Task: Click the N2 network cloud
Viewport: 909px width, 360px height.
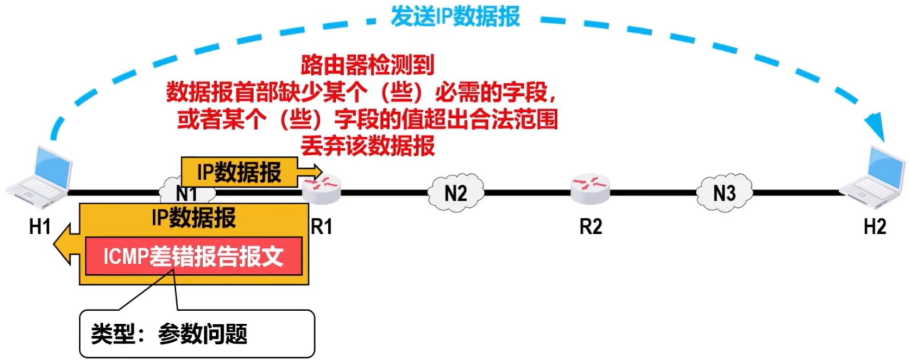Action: pyautogui.click(x=456, y=193)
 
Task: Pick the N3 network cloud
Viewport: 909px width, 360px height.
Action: pyautogui.click(x=724, y=193)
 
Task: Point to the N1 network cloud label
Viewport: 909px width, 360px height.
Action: pyautogui.click(x=186, y=193)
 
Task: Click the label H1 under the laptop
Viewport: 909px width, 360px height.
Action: pyautogui.click(x=40, y=227)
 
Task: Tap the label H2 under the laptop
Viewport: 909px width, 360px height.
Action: pyautogui.click(x=874, y=227)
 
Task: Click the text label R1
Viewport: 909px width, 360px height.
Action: pyautogui.click(x=322, y=227)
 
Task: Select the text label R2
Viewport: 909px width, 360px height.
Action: pyautogui.click(x=590, y=227)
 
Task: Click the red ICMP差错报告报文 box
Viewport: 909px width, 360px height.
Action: pyautogui.click(x=193, y=257)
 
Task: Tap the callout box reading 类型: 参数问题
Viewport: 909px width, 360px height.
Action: pyautogui.click(x=197, y=333)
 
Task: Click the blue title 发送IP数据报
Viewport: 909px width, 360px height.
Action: pyautogui.click(x=455, y=17)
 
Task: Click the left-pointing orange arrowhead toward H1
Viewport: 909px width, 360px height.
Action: pyautogui.click(x=64, y=244)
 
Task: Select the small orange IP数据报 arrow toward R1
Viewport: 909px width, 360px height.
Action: pyautogui.click(x=250, y=172)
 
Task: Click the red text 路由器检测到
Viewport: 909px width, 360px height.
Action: pyautogui.click(x=367, y=65)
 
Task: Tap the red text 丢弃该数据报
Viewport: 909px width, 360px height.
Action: pyautogui.click(x=367, y=146)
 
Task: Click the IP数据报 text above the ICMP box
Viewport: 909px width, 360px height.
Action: pyautogui.click(x=193, y=217)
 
